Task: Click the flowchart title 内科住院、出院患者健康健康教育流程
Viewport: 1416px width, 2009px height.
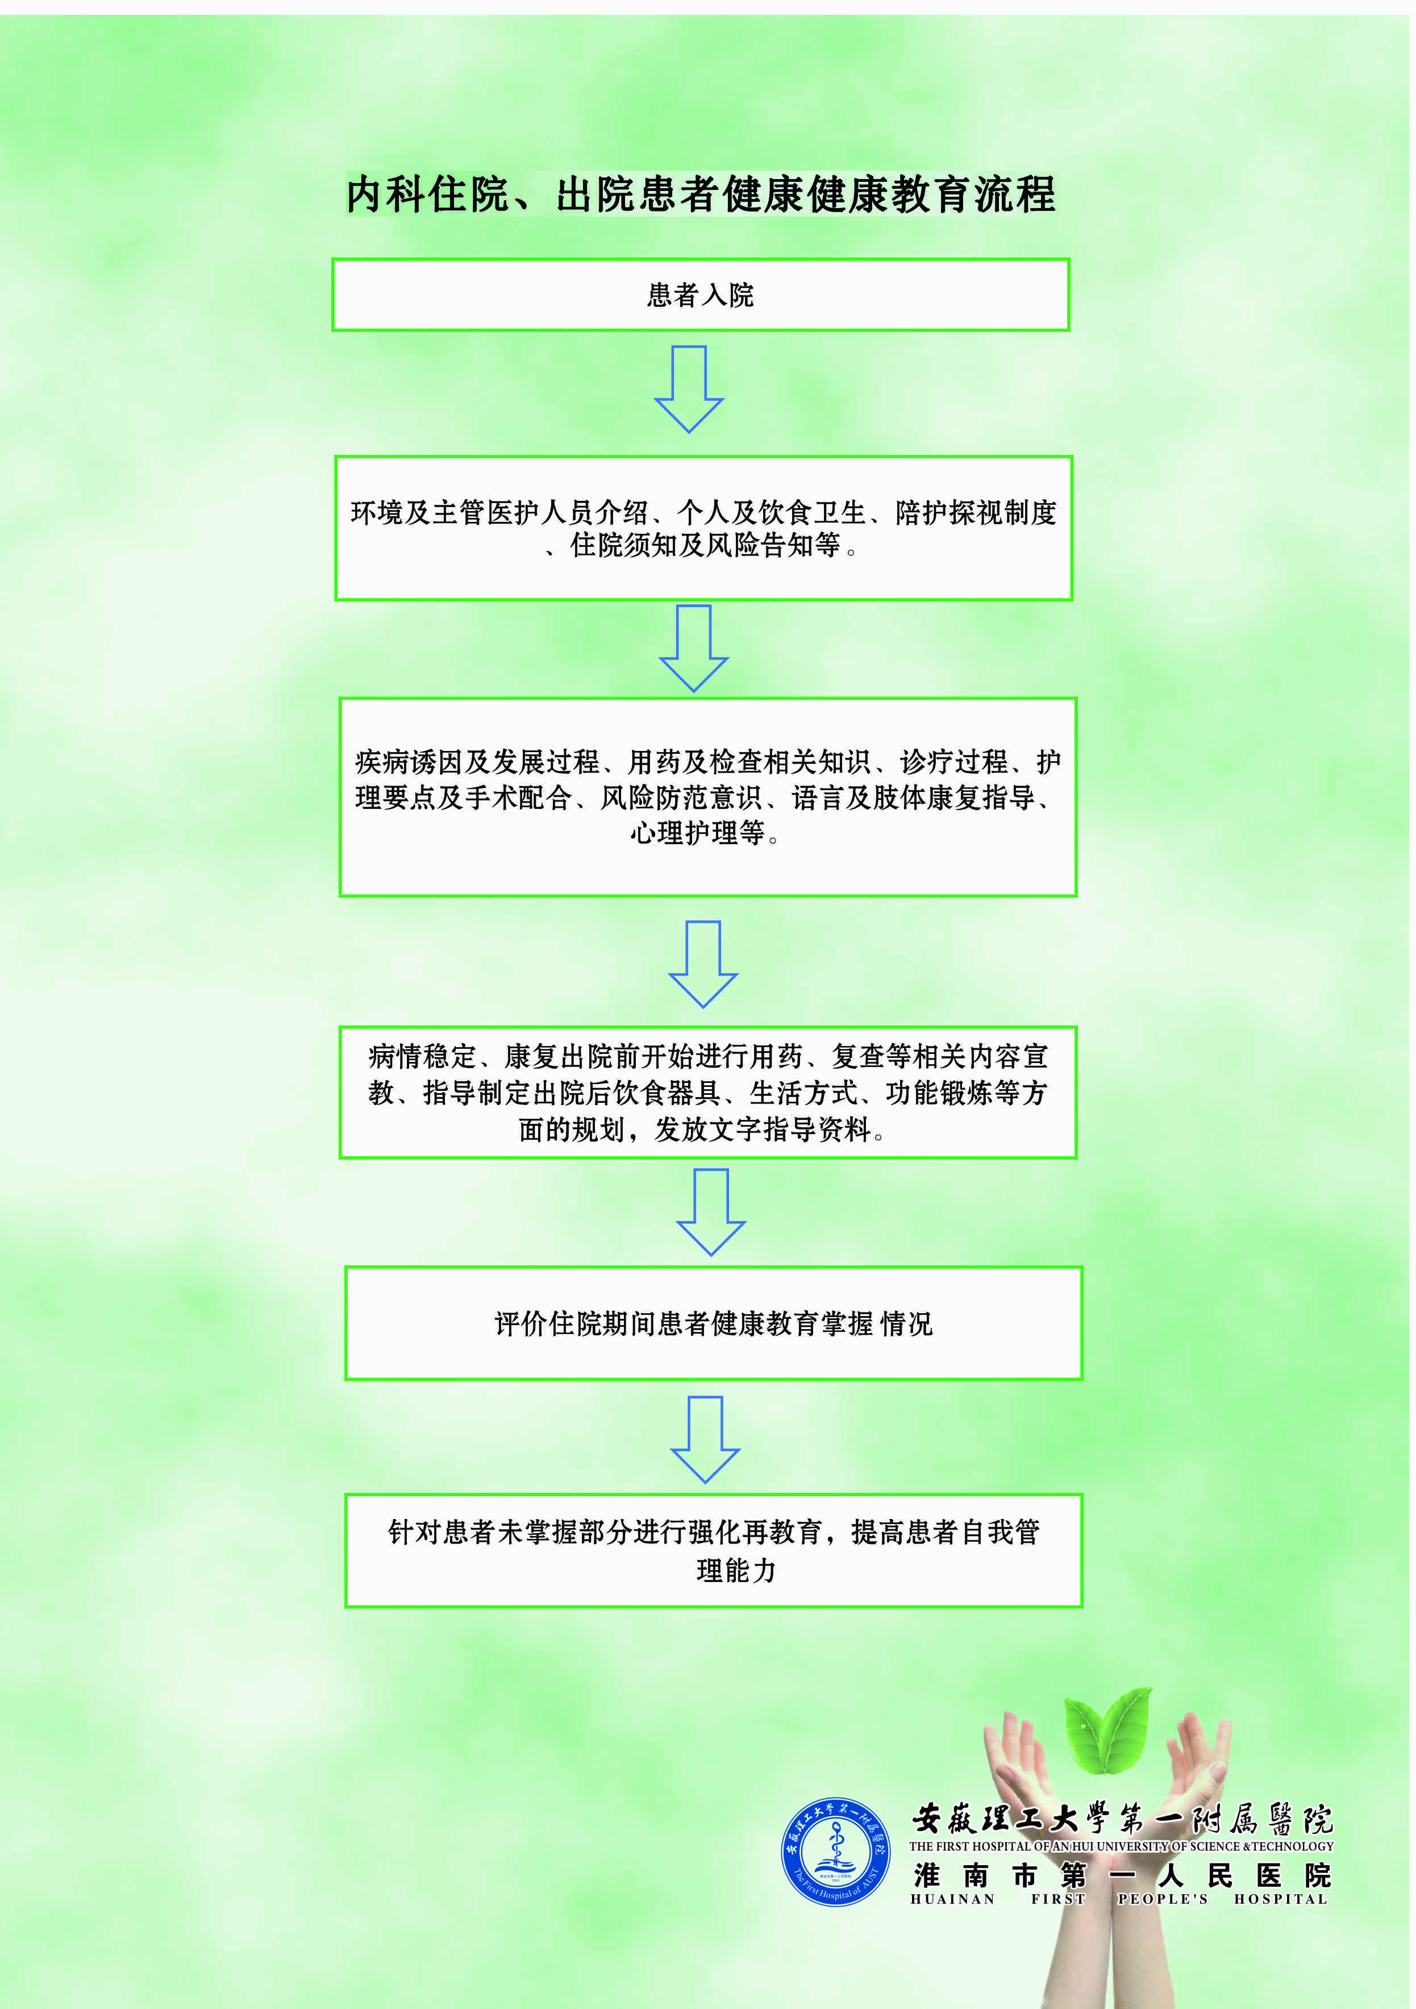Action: coord(701,194)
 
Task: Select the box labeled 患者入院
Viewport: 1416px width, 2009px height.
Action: coord(701,295)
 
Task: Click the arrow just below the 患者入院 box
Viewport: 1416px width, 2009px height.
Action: coord(689,388)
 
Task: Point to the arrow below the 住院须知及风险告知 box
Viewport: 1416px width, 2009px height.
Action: coord(694,647)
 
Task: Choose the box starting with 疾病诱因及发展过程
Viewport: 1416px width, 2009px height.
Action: coord(707,796)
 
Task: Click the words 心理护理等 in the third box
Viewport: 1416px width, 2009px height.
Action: coord(698,833)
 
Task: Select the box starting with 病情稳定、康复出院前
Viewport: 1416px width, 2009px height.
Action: coord(707,1092)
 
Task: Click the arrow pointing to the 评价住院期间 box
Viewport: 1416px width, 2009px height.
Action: coord(711,1212)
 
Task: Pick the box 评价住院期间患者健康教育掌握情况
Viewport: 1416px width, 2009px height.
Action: coord(714,1323)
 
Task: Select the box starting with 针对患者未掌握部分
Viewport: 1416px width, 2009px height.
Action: coord(714,1550)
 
